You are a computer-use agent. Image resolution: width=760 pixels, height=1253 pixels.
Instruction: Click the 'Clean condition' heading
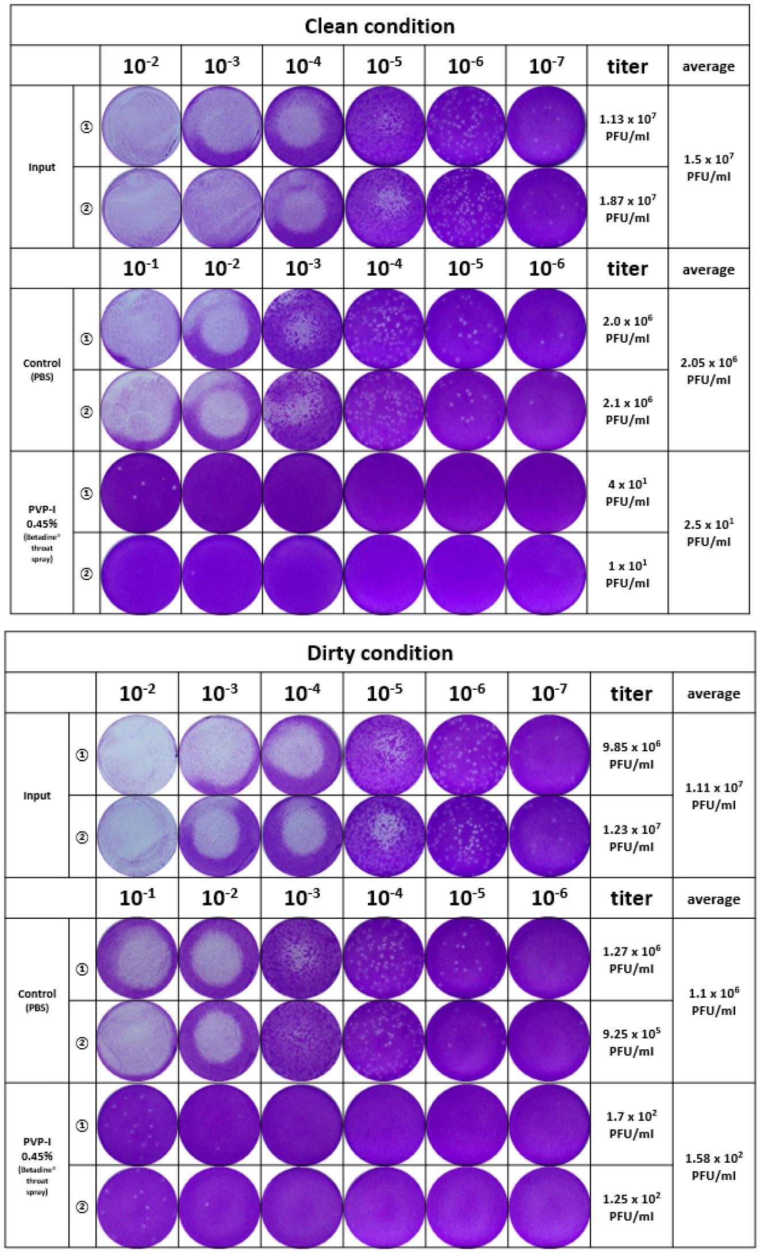(379, 26)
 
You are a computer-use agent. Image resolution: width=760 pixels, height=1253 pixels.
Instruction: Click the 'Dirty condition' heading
(379, 653)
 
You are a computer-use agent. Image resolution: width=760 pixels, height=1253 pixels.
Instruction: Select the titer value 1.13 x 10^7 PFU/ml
(627, 127)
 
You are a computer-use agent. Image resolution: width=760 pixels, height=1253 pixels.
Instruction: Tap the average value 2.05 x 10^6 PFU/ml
(708, 370)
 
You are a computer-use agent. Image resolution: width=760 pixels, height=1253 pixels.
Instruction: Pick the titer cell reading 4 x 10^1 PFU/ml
(627, 492)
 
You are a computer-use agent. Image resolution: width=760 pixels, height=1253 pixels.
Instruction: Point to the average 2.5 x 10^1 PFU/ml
(708, 533)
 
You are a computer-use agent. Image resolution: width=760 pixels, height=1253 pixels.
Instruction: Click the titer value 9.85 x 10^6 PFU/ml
(631, 755)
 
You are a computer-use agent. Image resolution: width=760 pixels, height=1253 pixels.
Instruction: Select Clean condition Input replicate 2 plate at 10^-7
(547, 208)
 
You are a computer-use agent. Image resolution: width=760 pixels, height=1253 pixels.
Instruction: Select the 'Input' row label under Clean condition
(42, 167)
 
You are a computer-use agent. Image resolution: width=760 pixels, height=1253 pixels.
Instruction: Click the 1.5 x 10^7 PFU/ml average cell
(708, 167)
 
